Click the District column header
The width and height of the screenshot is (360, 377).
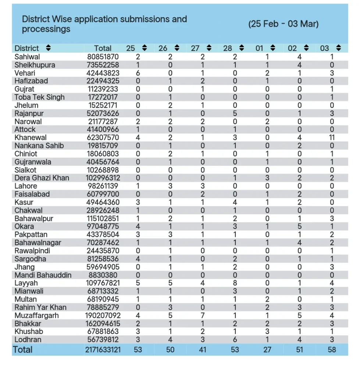click(26, 48)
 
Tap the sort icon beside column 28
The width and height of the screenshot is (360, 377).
click(242, 48)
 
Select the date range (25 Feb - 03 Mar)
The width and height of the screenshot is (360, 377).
click(283, 24)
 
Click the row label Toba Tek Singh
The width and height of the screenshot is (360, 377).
click(39, 97)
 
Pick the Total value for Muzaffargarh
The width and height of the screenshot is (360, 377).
click(103, 316)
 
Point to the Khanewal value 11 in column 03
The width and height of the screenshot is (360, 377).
click(332, 137)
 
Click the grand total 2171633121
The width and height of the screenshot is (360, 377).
click(103, 350)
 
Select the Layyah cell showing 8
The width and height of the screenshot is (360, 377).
click(235, 283)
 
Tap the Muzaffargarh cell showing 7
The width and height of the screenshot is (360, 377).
click(203, 316)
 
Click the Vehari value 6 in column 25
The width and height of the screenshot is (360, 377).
click(138, 73)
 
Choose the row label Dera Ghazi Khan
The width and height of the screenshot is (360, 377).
click(42, 178)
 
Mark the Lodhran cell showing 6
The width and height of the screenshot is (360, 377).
click(235, 340)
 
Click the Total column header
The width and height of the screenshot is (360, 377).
click(103, 48)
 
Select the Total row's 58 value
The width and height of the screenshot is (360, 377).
click(332, 350)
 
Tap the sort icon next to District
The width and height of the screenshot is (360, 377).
click(49, 48)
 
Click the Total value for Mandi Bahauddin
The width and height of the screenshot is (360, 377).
click(103, 275)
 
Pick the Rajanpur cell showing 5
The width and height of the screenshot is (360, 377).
click(235, 113)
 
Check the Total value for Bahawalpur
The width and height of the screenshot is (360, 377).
click(103, 218)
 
